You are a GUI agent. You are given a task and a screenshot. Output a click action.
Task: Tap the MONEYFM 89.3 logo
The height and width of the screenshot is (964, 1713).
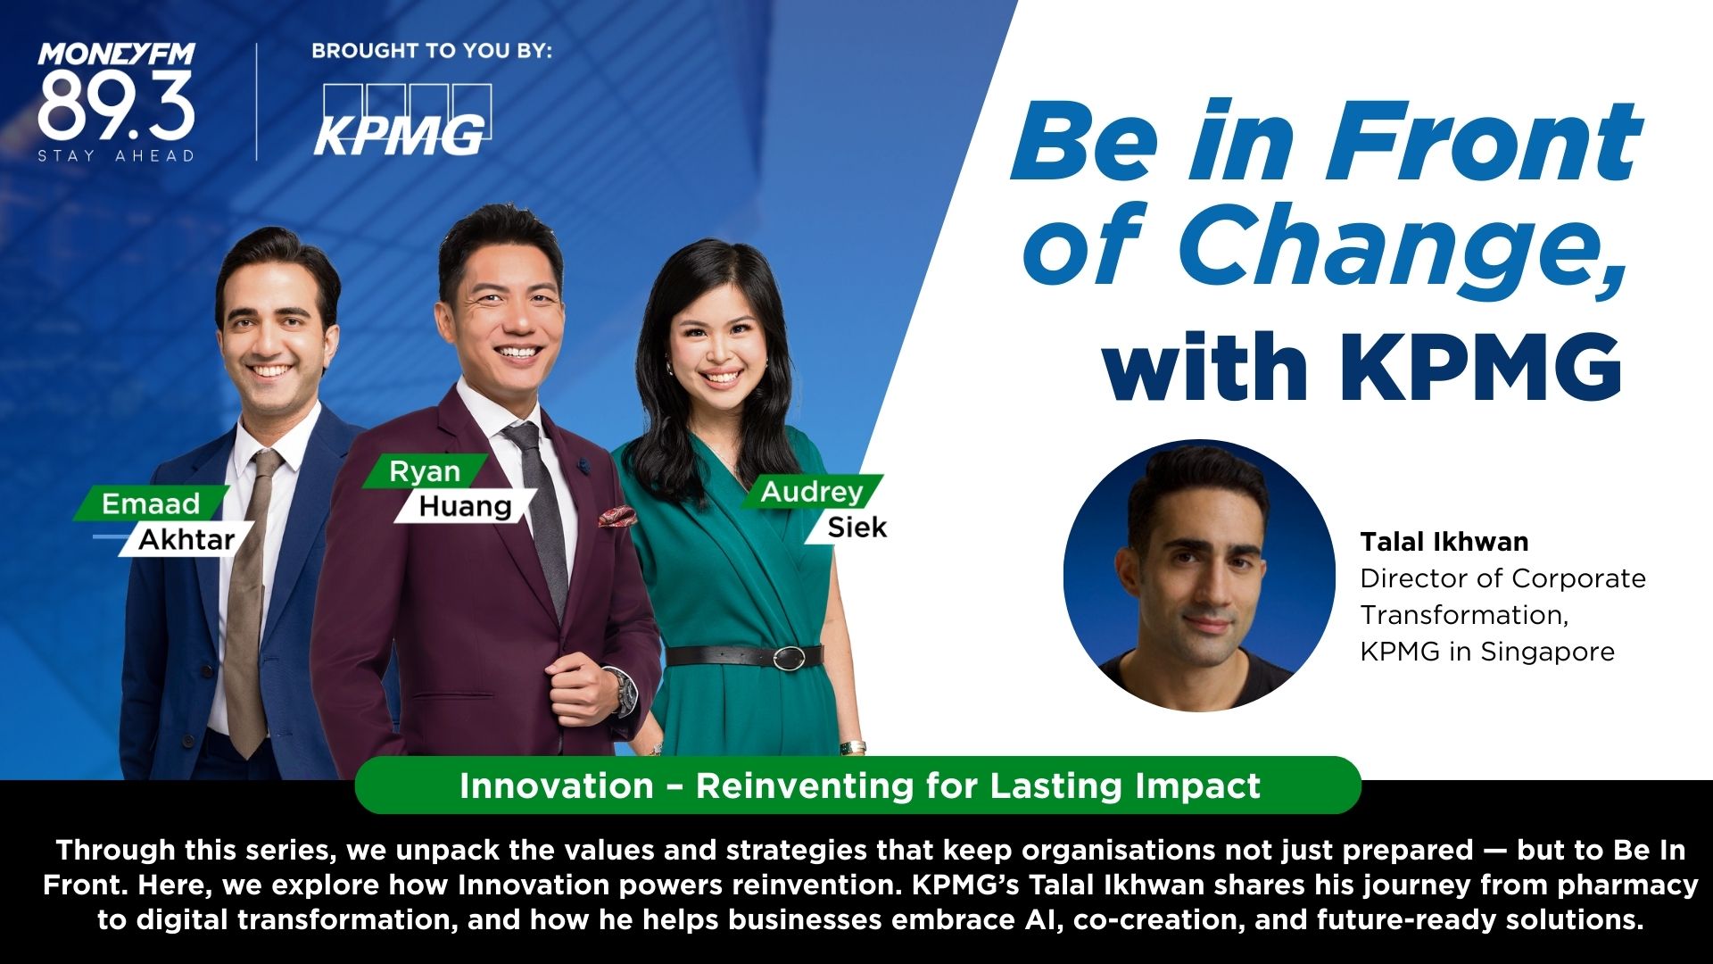click(116, 103)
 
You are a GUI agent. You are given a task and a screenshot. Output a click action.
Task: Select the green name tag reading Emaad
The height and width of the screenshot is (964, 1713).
click(151, 503)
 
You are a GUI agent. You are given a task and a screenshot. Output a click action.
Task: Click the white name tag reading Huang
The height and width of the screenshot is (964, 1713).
click(466, 506)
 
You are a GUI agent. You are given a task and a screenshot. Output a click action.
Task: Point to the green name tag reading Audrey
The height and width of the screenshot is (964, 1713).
click(813, 492)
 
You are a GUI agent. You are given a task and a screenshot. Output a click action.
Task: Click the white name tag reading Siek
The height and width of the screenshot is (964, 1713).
click(854, 527)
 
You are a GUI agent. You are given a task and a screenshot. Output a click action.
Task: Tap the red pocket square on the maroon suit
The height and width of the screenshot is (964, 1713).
click(617, 515)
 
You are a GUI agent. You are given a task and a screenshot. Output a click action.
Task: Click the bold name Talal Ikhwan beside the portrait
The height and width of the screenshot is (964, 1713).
click(1444, 542)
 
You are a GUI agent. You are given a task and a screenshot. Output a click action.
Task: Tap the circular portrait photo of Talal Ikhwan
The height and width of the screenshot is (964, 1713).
click(1199, 575)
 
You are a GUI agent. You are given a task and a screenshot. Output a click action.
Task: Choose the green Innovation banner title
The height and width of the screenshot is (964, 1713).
click(859, 785)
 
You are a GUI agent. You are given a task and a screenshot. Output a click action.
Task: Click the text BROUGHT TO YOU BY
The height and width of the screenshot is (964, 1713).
click(432, 51)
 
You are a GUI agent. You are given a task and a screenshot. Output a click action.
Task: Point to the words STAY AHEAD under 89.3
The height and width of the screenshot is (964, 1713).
click(116, 155)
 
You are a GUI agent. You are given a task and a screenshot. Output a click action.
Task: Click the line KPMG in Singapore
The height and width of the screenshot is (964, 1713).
click(1487, 652)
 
